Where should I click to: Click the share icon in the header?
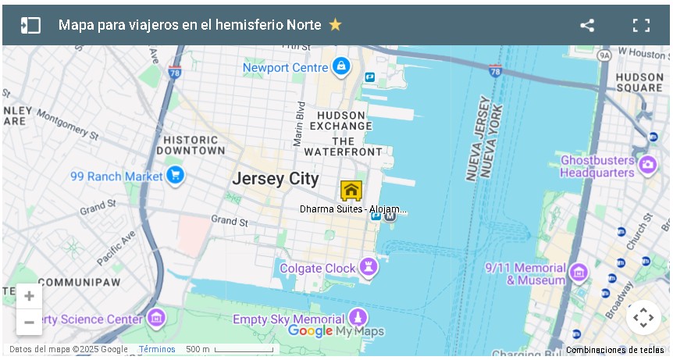(x=587, y=25)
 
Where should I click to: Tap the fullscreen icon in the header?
(x=641, y=25)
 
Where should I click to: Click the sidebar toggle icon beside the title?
(x=30, y=25)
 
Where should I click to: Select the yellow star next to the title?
(x=336, y=25)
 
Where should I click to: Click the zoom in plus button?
(x=29, y=296)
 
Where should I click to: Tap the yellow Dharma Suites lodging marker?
(x=351, y=190)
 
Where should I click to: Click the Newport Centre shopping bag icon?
(x=340, y=67)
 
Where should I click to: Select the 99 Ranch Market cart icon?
(x=175, y=176)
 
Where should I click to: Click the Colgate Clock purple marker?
(x=368, y=268)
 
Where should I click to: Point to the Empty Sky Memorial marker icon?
(x=358, y=318)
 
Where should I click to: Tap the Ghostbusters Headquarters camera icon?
(x=646, y=165)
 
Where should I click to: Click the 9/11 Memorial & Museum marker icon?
(x=579, y=272)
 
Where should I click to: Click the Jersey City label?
(x=276, y=179)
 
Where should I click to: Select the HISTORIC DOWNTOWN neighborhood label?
(x=191, y=144)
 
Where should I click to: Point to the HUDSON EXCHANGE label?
(x=341, y=120)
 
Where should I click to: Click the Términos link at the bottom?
(x=157, y=349)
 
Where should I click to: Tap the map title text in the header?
(x=190, y=25)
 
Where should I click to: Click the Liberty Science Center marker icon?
(x=157, y=318)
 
